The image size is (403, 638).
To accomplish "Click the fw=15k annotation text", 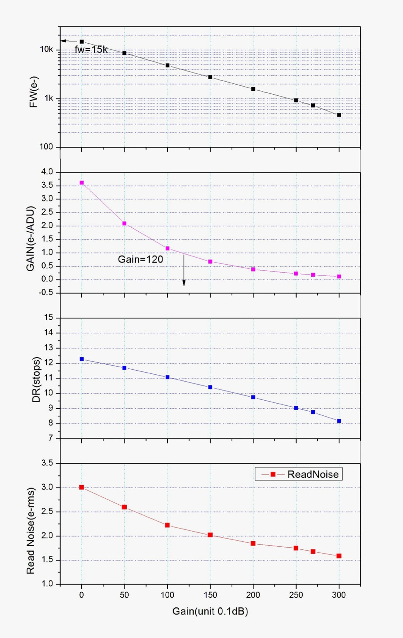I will click(91, 50).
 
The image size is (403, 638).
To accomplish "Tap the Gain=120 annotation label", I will click(140, 259).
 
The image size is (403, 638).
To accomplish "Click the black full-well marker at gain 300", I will click(339, 115).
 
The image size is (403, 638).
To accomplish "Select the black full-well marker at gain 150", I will click(210, 77).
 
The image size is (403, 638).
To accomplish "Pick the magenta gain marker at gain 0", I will click(82, 183).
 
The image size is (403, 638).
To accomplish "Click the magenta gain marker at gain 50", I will click(124, 223).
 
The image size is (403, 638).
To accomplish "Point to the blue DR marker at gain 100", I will click(168, 377).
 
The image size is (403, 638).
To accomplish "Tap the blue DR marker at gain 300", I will click(339, 421).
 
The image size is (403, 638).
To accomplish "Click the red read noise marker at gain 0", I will click(82, 487).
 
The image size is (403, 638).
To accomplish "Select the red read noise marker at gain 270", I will click(313, 551).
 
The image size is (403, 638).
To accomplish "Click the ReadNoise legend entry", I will click(299, 474).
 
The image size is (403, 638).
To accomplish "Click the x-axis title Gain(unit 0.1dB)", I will click(210, 611).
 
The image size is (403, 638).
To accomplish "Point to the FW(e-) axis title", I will click(34, 92).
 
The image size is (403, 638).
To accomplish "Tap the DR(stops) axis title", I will click(36, 379).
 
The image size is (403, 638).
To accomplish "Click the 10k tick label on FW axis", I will click(46, 49).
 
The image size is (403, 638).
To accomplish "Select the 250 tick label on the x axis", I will click(296, 595).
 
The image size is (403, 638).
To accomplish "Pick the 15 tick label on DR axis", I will click(49, 317).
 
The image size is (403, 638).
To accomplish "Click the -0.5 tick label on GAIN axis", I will click(46, 292).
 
